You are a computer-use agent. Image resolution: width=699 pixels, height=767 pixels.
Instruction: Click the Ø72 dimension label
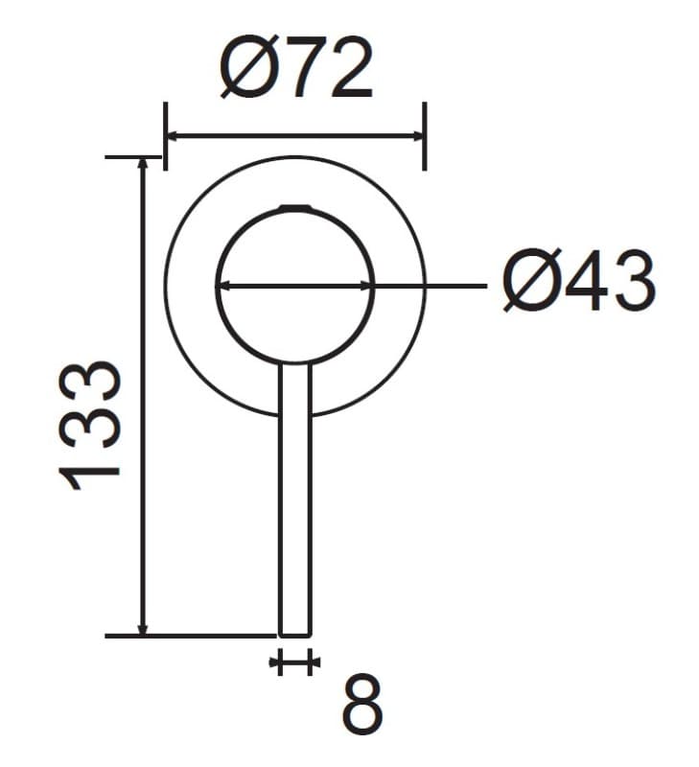[x=296, y=66]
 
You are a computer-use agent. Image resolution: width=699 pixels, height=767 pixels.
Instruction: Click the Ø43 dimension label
[x=579, y=281]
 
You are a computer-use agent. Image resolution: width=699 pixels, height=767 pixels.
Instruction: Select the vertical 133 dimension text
[x=89, y=426]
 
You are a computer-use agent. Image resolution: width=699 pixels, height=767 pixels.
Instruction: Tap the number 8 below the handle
[x=362, y=705]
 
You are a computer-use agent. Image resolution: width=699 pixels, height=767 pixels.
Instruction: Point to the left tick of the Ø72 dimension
[x=165, y=136]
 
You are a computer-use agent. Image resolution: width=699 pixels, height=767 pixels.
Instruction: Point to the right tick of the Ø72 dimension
[x=425, y=136]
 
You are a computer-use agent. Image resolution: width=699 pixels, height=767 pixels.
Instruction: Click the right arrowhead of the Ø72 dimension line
[x=417, y=136]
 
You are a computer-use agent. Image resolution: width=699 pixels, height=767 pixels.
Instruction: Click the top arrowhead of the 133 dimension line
[x=142, y=164]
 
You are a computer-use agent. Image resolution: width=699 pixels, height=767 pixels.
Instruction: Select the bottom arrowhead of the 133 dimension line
[x=142, y=629]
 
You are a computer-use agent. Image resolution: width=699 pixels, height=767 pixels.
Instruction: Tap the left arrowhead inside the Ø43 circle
[x=223, y=286]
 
